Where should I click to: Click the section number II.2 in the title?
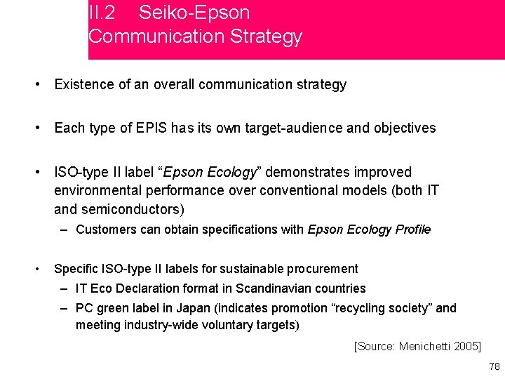102,13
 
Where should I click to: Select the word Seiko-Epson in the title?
194,13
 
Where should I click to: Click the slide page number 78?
494,366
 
